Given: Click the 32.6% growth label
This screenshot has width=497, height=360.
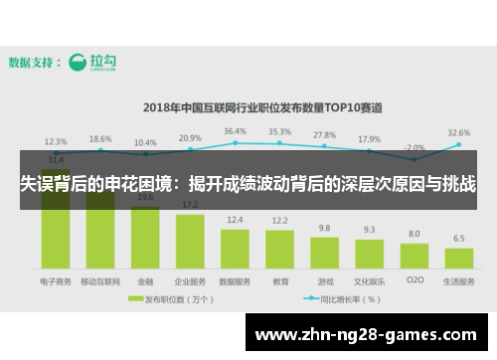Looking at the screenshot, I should point(459,132).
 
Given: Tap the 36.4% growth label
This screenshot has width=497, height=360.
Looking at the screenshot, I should point(235,131).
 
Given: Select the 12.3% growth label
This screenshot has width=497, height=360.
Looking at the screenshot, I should point(56,141).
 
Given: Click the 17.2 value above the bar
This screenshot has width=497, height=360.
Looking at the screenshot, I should point(190,205).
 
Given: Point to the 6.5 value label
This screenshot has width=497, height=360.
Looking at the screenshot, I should point(458,239).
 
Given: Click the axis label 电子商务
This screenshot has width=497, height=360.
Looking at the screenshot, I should point(56,281).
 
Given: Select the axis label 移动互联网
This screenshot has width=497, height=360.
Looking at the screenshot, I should point(100,281).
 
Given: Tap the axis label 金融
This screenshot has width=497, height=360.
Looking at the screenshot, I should point(145,281).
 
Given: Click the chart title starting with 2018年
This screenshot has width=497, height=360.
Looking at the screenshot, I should point(262,105).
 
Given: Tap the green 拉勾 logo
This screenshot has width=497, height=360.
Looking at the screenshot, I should point(93,63).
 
